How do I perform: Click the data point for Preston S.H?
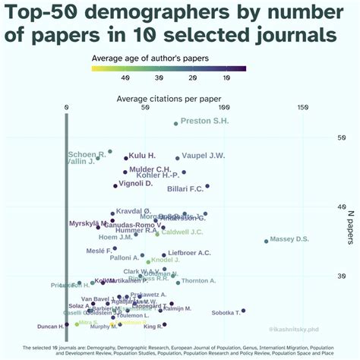(x=176, y=123)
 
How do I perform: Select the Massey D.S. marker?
(x=266, y=241)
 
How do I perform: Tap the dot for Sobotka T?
(x=243, y=311)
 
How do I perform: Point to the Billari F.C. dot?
(x=207, y=186)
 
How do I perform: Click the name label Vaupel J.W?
(x=204, y=156)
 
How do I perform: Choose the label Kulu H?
(x=142, y=156)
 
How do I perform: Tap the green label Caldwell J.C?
(x=182, y=232)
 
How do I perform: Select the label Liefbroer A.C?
(x=189, y=252)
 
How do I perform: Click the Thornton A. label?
(x=198, y=281)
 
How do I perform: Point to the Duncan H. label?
(x=51, y=327)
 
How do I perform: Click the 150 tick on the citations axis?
(x=303, y=107)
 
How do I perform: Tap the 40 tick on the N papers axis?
(x=321, y=207)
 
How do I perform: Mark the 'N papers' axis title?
(x=351, y=228)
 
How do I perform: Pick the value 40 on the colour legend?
(x=125, y=78)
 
